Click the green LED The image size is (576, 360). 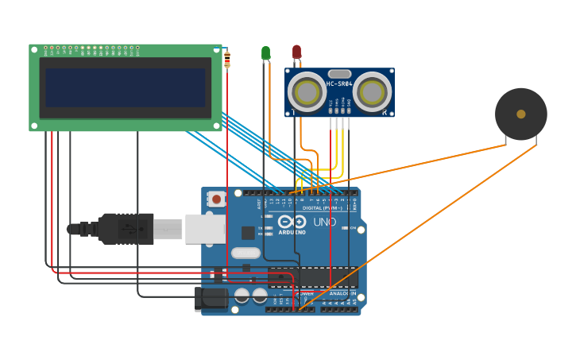(x=265, y=53)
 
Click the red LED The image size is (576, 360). (x=296, y=52)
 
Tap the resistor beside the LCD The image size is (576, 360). (x=227, y=59)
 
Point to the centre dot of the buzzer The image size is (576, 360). (x=520, y=114)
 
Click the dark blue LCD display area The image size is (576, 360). (x=126, y=87)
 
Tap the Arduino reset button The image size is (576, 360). (x=216, y=199)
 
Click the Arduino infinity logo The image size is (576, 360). (x=292, y=222)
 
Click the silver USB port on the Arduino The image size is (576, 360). (x=205, y=228)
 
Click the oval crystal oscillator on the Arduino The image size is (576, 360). (x=245, y=253)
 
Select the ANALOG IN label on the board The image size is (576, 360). (x=342, y=292)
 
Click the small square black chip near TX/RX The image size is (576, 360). (x=248, y=233)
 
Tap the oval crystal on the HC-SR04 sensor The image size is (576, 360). (x=339, y=74)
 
